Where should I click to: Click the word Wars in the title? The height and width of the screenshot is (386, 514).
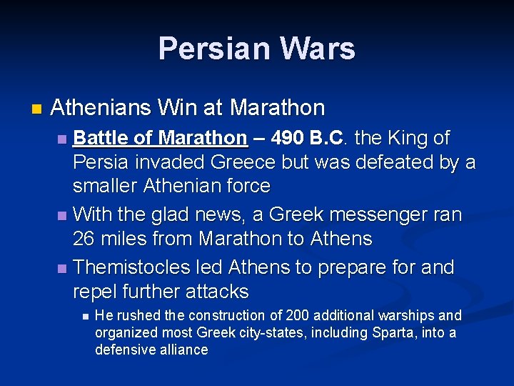tap(318, 49)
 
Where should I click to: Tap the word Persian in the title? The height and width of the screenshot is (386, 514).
tap(215, 49)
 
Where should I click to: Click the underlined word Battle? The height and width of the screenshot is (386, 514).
tap(100, 137)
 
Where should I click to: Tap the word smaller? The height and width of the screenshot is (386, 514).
tap(105, 187)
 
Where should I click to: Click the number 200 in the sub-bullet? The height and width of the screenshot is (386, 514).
tap(296, 315)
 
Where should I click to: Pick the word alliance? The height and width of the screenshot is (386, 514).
tap(187, 350)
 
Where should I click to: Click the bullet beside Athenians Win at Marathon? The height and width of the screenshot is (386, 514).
tap(36, 110)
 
